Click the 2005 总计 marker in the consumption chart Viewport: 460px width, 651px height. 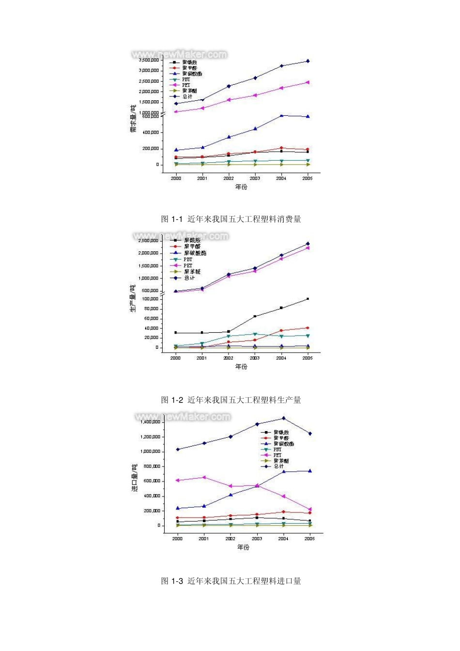(x=307, y=61)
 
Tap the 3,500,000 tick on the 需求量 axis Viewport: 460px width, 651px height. (x=149, y=60)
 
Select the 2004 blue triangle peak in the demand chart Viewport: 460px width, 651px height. (x=281, y=115)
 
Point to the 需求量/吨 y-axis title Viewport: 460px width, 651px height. (x=133, y=118)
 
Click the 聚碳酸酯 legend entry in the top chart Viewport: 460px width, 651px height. (x=192, y=74)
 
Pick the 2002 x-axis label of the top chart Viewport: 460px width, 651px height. (x=229, y=178)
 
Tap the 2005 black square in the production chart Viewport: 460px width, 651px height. (x=307, y=299)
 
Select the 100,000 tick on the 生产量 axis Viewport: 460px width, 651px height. (x=150, y=299)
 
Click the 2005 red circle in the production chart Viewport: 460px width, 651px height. (x=307, y=328)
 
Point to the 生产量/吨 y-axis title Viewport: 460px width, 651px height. (x=133, y=298)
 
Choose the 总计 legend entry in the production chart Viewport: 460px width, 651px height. (x=189, y=278)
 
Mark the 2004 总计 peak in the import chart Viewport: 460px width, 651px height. (x=284, y=418)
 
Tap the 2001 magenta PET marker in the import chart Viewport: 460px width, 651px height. (x=204, y=477)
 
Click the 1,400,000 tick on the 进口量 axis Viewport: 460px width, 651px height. (x=150, y=422)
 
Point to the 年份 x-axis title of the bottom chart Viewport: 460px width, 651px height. (x=243, y=547)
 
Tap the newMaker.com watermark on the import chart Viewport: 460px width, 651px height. (x=183, y=417)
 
